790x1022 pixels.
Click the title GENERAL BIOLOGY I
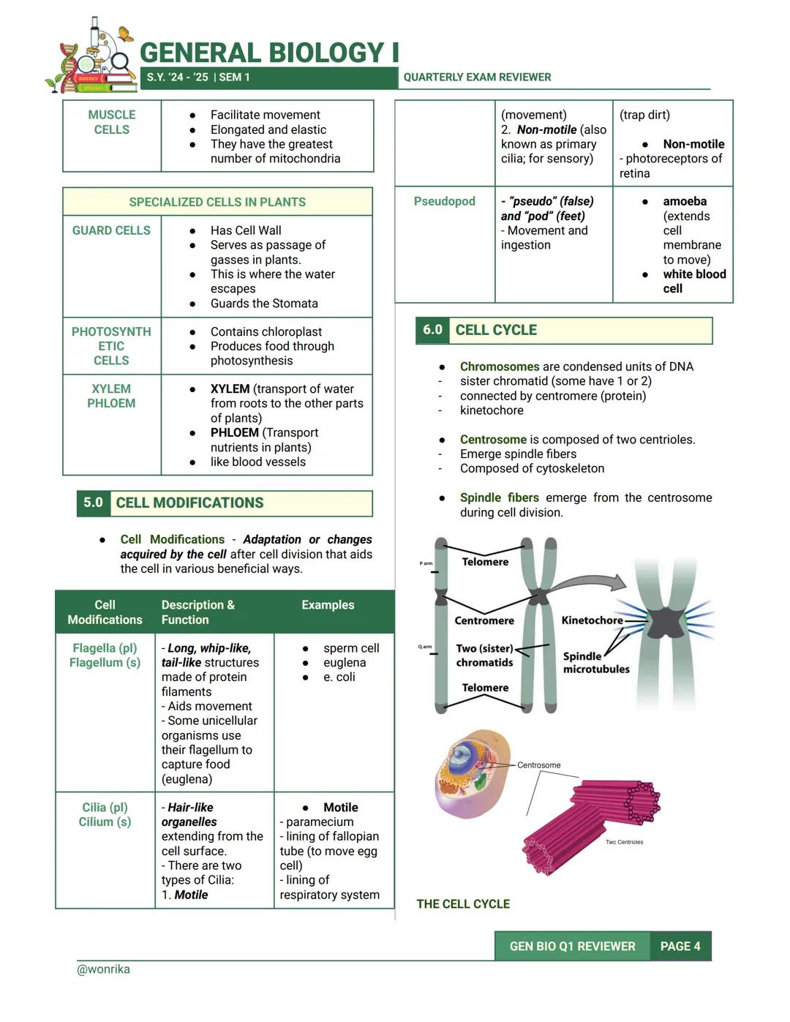pyautogui.click(x=269, y=53)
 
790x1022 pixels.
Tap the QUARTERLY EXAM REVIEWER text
pyautogui.click(x=477, y=77)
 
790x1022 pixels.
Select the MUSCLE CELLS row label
pyautogui.click(x=111, y=122)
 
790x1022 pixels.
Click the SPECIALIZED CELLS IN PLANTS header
pyautogui.click(x=217, y=202)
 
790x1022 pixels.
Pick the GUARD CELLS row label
pyautogui.click(x=111, y=230)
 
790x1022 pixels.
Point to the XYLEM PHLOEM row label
pyautogui.click(x=111, y=396)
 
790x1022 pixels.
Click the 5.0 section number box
pyautogui.click(x=93, y=503)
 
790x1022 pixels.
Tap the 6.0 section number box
pyautogui.click(x=432, y=330)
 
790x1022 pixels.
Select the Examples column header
pyautogui.click(x=328, y=605)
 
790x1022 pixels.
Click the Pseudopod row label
pyautogui.click(x=444, y=201)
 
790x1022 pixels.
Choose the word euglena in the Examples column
pyautogui.click(x=345, y=663)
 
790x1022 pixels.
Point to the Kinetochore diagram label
pyautogui.click(x=592, y=620)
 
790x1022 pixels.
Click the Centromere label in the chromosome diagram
pyautogui.click(x=484, y=620)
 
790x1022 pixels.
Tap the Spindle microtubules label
pyautogui.click(x=595, y=663)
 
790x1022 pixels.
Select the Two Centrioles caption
pyautogui.click(x=624, y=842)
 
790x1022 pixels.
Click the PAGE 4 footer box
pyautogui.click(x=680, y=946)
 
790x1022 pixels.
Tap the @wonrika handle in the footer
pyautogui.click(x=103, y=969)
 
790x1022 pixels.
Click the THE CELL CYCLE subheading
pyautogui.click(x=463, y=904)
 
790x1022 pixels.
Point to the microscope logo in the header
pyautogui.click(x=94, y=56)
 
